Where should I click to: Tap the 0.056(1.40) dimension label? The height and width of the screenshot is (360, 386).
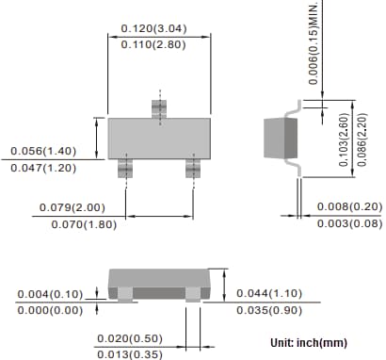43,151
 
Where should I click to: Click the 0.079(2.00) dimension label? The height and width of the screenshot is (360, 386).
72,207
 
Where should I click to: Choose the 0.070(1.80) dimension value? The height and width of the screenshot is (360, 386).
72,224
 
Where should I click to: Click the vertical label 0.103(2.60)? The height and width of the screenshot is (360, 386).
344,139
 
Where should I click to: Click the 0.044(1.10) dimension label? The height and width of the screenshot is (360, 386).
269,292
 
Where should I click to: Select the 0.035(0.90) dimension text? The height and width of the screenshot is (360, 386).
269,308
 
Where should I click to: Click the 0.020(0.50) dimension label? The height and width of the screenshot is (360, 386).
129,338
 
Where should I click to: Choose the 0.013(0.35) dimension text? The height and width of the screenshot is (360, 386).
129,353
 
